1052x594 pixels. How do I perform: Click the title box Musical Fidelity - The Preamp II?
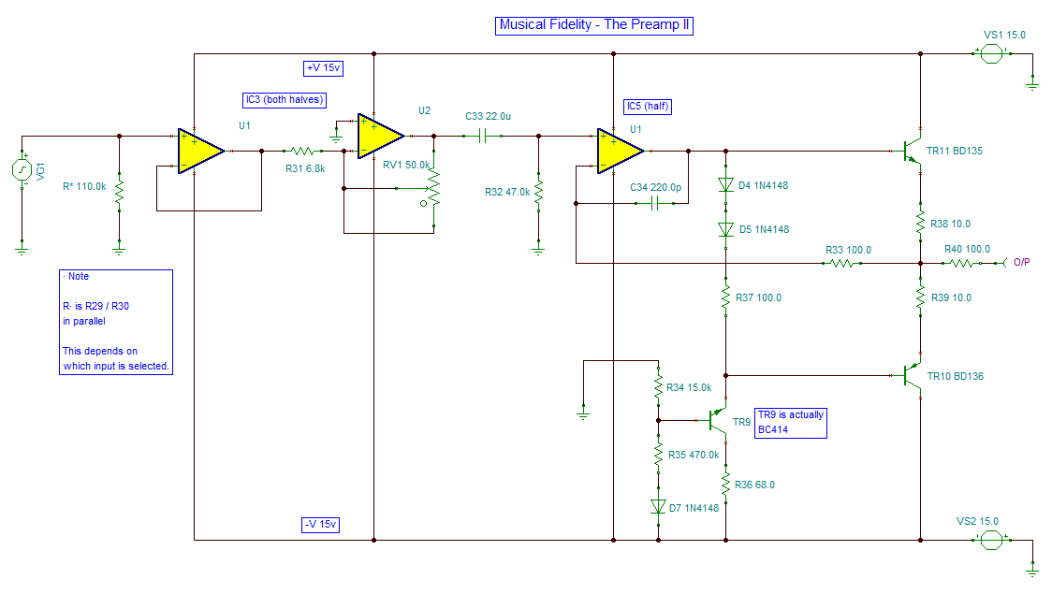[x=593, y=25]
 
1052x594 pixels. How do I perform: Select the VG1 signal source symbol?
[x=22, y=169]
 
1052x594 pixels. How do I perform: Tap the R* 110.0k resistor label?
[x=84, y=186]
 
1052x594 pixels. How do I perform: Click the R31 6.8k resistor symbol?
[x=302, y=151]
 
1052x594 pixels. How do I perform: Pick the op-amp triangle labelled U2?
[x=380, y=136]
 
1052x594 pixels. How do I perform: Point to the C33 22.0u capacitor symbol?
[x=482, y=136]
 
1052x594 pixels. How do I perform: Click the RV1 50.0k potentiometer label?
[x=406, y=165]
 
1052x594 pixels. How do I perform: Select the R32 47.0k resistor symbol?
[x=538, y=192]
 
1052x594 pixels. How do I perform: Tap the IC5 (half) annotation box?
[x=648, y=107]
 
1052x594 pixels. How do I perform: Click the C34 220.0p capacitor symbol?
[x=655, y=203]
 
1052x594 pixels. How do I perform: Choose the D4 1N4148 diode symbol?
[x=725, y=185]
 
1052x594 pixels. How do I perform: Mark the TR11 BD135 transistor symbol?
[x=911, y=151]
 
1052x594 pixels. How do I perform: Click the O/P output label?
[x=1022, y=263]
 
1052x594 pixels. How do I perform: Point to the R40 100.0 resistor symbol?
[x=961, y=264]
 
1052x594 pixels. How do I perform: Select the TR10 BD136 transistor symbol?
[x=911, y=376]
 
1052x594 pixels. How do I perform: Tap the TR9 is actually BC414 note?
[x=791, y=423]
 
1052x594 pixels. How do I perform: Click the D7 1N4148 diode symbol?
[x=658, y=507]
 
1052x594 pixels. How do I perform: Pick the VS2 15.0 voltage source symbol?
[x=991, y=540]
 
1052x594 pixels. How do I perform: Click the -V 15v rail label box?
[x=321, y=524]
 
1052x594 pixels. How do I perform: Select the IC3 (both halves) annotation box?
[x=285, y=100]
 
